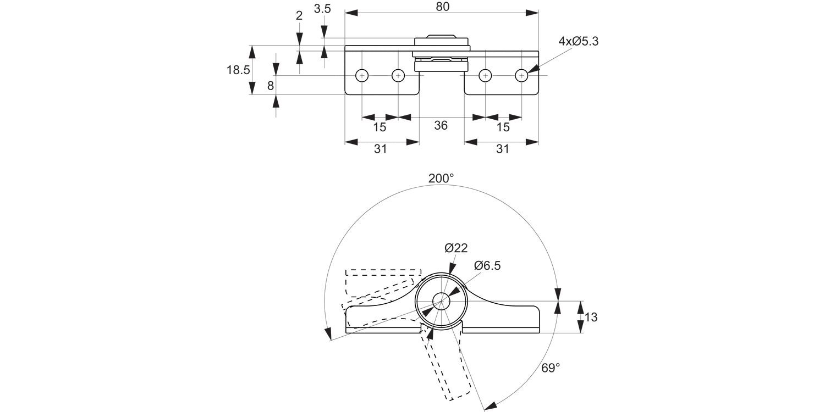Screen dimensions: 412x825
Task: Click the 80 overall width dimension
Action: tap(442, 7)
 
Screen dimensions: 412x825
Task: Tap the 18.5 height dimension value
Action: tap(238, 70)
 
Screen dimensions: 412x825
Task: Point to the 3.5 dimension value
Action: tap(322, 9)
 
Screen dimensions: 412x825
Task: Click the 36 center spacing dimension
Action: tap(441, 126)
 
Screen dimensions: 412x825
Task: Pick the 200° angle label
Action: tap(441, 179)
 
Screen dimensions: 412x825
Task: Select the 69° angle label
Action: tap(550, 368)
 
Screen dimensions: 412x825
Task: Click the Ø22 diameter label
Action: tap(456, 248)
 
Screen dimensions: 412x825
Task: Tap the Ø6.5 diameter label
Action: tap(487, 266)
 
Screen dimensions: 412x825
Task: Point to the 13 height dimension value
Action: tap(591, 318)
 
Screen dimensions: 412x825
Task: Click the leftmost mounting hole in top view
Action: tap(362, 76)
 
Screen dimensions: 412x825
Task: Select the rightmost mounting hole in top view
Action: tap(521, 76)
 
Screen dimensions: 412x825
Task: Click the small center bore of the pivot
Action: tap(441, 300)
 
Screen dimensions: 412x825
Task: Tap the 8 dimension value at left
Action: tap(270, 86)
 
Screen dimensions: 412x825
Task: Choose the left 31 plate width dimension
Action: tap(381, 149)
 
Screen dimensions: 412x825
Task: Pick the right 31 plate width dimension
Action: tap(502, 149)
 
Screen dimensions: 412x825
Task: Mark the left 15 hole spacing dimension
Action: tap(380, 127)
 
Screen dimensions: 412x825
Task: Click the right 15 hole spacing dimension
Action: tap(503, 127)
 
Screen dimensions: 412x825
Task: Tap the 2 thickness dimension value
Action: tap(299, 15)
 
